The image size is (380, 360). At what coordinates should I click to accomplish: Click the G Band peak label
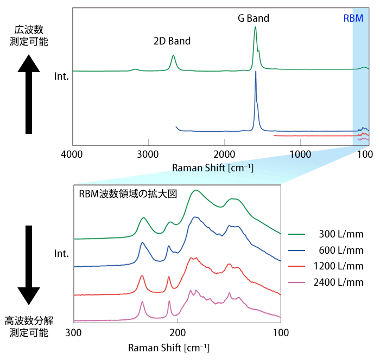point(254,18)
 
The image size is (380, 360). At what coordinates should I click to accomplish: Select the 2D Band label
point(172,41)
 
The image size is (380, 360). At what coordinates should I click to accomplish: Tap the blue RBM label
point(353,18)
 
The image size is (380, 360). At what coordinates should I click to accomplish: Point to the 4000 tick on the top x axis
point(73,154)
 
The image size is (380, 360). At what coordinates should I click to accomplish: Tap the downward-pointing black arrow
point(29,266)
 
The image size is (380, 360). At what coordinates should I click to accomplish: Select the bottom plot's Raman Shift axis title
point(169,346)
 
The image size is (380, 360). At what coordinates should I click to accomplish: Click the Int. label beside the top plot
point(62,76)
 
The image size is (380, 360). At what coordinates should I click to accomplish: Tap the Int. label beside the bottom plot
point(62,253)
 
